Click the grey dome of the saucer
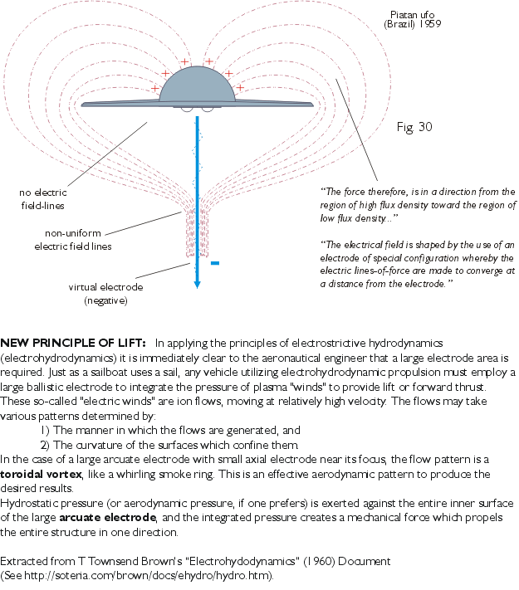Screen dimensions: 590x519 point(197,87)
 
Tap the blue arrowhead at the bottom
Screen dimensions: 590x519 point(197,282)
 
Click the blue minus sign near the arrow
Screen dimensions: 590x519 point(214,263)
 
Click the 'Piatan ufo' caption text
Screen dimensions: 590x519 point(413,14)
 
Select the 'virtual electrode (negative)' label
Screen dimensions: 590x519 point(105,294)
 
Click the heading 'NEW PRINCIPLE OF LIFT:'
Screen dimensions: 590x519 point(74,342)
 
